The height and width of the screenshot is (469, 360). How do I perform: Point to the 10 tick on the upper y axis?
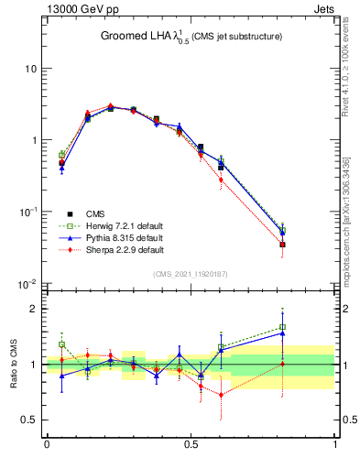(29, 69)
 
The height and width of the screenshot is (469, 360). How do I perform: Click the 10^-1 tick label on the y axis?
(27, 212)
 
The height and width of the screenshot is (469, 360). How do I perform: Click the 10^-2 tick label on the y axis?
(27, 283)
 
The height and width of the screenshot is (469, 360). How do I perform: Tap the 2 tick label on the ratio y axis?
(33, 309)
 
